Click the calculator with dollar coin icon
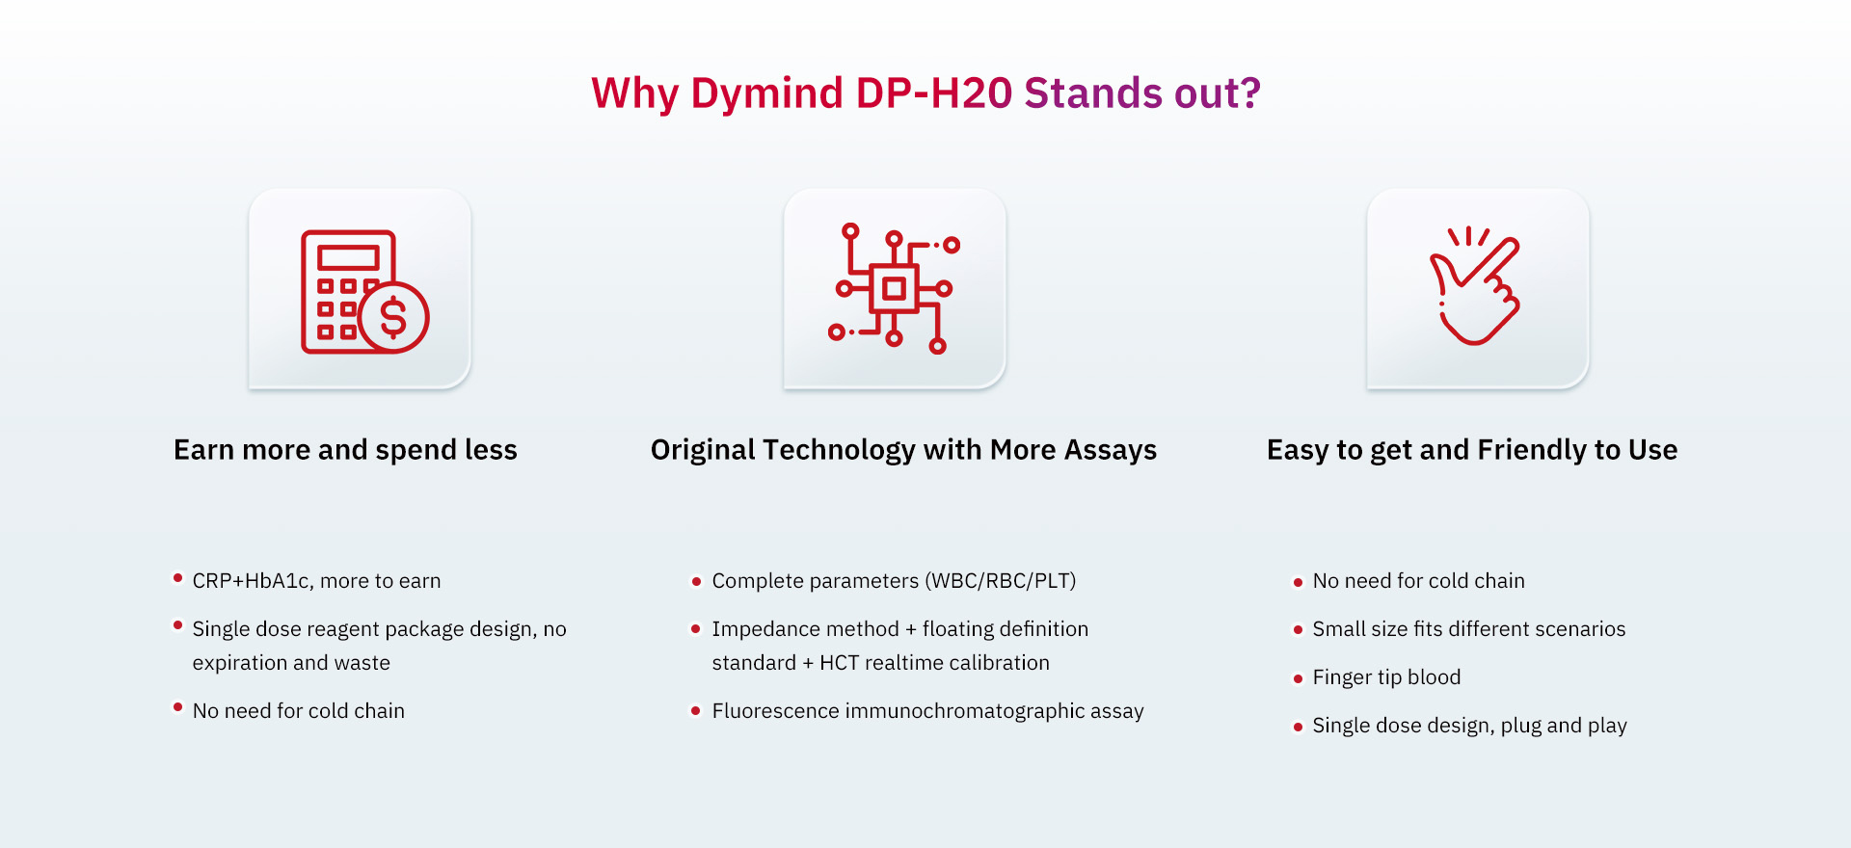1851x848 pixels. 364,292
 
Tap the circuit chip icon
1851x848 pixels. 894,288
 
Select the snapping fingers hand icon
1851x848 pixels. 1475,286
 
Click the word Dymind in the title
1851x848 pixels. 767,94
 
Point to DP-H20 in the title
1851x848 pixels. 934,93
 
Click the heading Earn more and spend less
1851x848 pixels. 345,450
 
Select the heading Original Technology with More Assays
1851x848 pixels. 903,450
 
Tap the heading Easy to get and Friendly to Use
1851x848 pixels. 1472,450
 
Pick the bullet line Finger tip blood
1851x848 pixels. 1386,677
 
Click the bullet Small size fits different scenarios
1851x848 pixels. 1468,629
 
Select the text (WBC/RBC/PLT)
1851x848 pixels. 1001,581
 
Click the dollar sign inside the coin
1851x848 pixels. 393,316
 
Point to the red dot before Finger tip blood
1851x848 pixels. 1298,678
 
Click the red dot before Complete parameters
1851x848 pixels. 696,582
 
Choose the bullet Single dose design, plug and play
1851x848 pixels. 1469,726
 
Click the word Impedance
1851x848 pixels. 758,629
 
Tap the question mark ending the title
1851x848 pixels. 1249,93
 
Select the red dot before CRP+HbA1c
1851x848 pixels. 177,578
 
